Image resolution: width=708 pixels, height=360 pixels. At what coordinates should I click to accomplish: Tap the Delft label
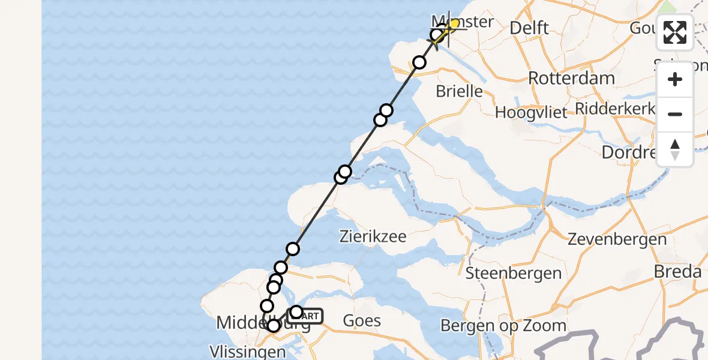pyautogui.click(x=529, y=28)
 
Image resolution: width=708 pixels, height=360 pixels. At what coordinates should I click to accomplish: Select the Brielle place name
pyautogui.click(x=459, y=91)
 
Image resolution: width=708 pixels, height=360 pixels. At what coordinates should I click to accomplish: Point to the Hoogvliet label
pyautogui.click(x=530, y=113)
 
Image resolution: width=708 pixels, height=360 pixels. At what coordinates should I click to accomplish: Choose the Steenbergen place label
pyautogui.click(x=514, y=274)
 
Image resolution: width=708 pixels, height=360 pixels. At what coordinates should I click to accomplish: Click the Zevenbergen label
pyautogui.click(x=617, y=239)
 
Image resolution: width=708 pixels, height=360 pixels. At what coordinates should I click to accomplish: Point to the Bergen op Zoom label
pyautogui.click(x=503, y=326)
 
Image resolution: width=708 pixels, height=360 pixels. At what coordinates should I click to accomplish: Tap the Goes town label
pyautogui.click(x=362, y=320)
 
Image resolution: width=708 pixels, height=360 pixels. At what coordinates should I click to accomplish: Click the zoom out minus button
pyautogui.click(x=675, y=114)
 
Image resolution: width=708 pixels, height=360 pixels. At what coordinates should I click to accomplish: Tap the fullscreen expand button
pyautogui.click(x=675, y=32)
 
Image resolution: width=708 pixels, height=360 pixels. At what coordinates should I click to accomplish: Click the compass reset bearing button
pyautogui.click(x=675, y=149)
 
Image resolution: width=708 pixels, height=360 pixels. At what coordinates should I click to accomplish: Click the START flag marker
pyautogui.click(x=307, y=316)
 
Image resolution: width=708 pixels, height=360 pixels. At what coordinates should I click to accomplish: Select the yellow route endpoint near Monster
pyautogui.click(x=454, y=24)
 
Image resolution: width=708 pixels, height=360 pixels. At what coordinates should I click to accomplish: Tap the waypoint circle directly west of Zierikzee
pyautogui.click(x=293, y=248)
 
